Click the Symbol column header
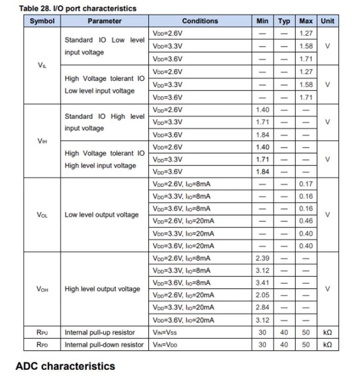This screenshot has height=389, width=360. click(42, 21)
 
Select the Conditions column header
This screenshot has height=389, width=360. click(200, 21)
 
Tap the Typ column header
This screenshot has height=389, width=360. click(284, 21)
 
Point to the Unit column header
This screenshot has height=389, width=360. click(327, 21)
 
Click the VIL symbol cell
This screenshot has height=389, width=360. click(42, 65)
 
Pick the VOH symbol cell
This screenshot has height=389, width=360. click(42, 289)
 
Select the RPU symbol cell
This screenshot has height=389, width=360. click(42, 332)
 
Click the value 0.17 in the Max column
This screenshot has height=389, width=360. click(306, 184)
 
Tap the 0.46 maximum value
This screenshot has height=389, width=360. click(306, 221)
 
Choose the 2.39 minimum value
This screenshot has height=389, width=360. click(262, 258)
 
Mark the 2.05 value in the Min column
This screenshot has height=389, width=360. click(262, 295)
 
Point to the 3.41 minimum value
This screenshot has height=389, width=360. click(262, 283)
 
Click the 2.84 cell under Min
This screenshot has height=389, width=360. click(262, 307)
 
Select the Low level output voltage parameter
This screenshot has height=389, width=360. click(101, 215)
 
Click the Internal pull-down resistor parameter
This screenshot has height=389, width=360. click(104, 345)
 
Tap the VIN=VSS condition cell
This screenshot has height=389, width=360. click(165, 332)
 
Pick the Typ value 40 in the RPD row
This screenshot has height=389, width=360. click(284, 345)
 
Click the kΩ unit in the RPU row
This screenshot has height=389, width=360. click(327, 332)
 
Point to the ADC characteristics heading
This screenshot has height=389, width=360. click(65, 366)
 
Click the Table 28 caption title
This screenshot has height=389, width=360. click(77, 8)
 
